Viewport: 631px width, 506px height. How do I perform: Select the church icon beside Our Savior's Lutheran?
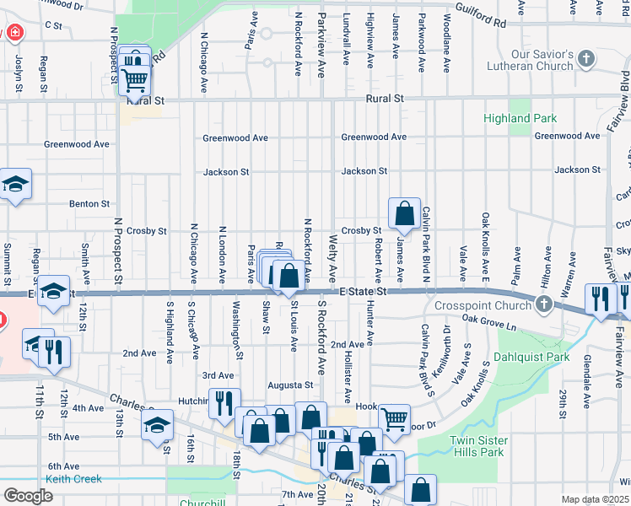click(587, 59)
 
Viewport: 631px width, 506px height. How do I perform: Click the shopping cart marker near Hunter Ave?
click(394, 417)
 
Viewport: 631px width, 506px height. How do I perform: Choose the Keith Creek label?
click(73, 479)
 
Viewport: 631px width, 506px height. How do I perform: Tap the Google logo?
click(28, 496)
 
